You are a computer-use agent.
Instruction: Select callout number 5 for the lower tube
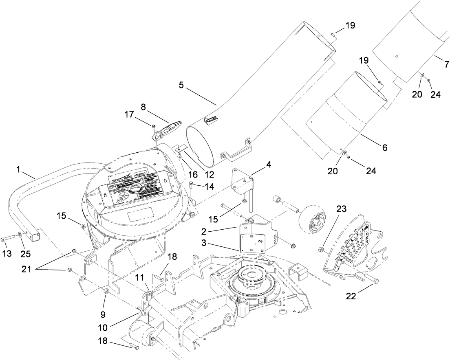(x=181, y=86)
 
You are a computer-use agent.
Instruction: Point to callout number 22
(x=351, y=296)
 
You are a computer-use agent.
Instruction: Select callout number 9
(x=103, y=314)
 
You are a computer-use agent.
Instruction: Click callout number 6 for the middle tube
(x=384, y=147)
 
